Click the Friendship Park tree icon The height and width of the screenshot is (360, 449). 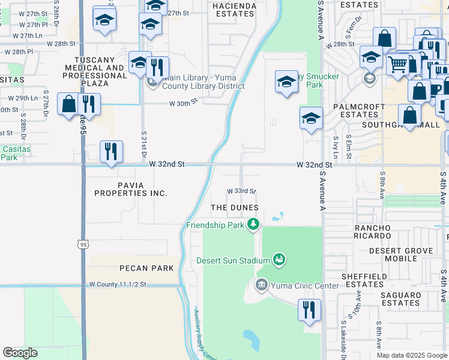pos(254,225)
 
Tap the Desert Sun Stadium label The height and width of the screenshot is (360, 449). pos(234,260)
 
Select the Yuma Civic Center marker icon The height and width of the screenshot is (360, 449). pos(261,284)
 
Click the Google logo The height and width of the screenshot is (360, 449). pos(20,353)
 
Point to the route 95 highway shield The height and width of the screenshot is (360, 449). pos(83,244)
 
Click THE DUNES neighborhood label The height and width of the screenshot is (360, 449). pos(234,208)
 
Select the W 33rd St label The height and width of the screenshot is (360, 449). pos(241,191)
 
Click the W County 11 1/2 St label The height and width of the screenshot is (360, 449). pos(118,284)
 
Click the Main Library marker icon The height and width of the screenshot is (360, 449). pos(152,82)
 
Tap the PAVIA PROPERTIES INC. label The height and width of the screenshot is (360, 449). pos(130,189)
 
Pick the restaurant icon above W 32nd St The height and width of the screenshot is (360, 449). pos(110,152)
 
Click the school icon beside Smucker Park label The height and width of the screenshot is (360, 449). pos(287,82)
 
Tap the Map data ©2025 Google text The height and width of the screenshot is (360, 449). pos(412,355)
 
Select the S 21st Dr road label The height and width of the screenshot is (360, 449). pos(144,144)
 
